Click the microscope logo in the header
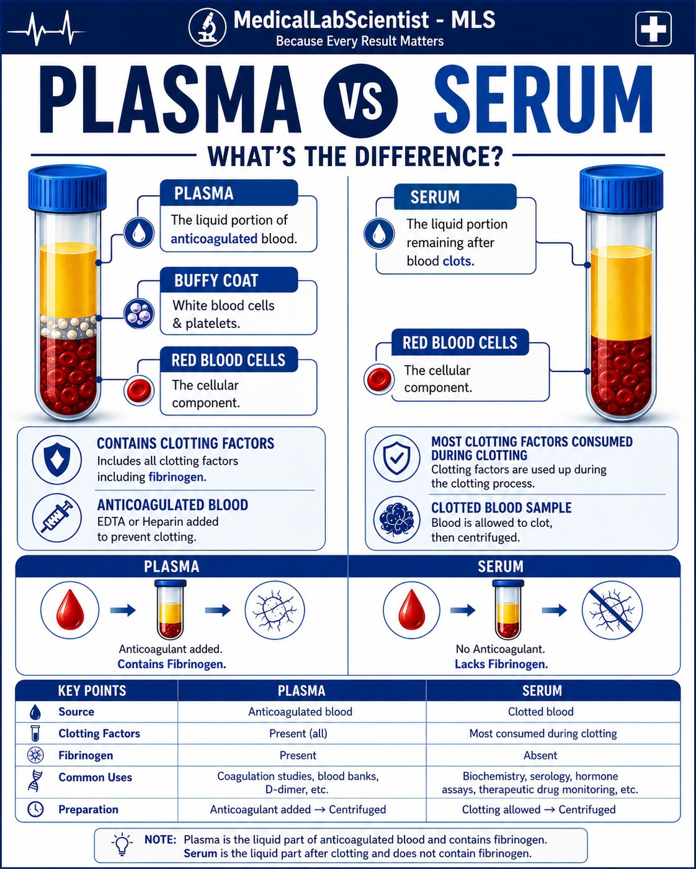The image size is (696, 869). pos(207,27)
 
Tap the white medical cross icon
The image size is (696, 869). pos(653,29)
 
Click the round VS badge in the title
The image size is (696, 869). pos(360,100)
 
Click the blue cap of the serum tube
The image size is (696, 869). pos(621,188)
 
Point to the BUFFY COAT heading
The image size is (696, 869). pos(216,280)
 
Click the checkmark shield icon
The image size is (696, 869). pos(397,458)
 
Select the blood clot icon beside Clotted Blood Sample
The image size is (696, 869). pos(397,519)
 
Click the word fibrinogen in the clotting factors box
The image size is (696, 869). pos(177,477)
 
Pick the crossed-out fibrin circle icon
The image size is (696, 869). pos(612,610)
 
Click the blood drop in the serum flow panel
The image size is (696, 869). pos(412,610)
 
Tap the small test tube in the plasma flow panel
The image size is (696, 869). pos(171,610)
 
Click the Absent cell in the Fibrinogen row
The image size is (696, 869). pos(540,755)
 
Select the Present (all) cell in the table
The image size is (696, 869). pos(298,733)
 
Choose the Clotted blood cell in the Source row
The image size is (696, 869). pos(541,712)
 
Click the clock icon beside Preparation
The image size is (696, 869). pos(35,809)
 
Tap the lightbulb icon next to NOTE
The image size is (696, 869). pos(122,845)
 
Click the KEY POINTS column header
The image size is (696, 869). pos(92,690)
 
